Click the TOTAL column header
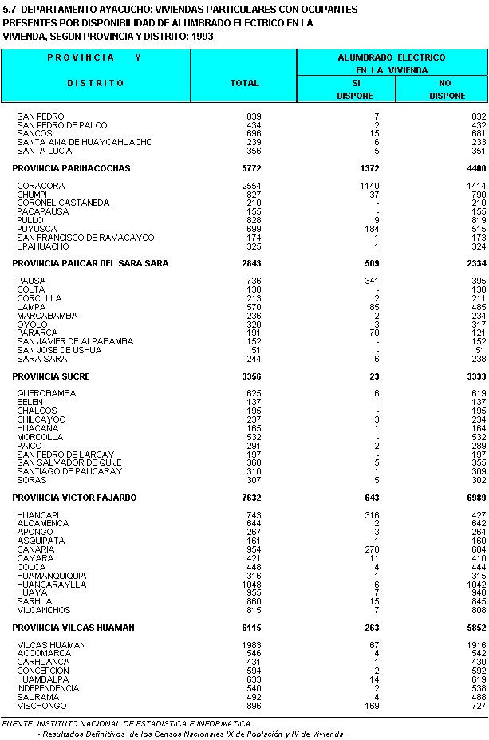pyautogui.click(x=244, y=83)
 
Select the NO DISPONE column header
pyautogui.click(x=447, y=89)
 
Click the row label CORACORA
pyautogui.click(x=41, y=186)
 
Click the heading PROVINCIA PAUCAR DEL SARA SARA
pyautogui.click(x=90, y=263)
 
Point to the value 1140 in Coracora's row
pyautogui.click(x=368, y=186)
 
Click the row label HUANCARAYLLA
pyautogui.click(x=51, y=585)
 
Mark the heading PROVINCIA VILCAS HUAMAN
pyautogui.click(x=73, y=628)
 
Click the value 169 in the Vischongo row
pyautogui.click(x=371, y=706)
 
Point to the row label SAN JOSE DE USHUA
pyautogui.click(x=59, y=350)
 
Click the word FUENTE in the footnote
pyautogui.click(x=18, y=723)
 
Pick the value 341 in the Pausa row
pyautogui.click(x=371, y=281)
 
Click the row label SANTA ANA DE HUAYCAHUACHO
pyautogui.click(x=85, y=142)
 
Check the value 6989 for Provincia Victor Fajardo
pyautogui.click(x=474, y=498)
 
